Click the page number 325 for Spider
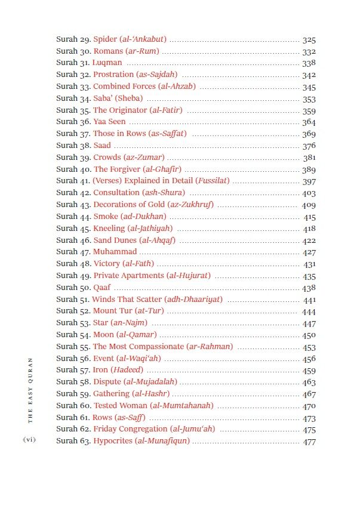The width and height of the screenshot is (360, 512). click(309, 40)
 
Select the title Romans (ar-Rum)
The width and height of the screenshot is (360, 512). click(126, 51)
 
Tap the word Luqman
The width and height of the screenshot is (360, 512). click(107, 63)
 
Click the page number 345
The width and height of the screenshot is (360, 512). click(309, 87)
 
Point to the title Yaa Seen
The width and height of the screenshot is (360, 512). click(109, 122)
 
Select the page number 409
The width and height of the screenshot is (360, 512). click(309, 205)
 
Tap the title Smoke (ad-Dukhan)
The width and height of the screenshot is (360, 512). click(130, 217)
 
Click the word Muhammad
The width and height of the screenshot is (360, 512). click(115, 252)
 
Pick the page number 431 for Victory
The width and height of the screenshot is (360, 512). click(309, 264)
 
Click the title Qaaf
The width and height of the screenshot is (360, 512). click(102, 288)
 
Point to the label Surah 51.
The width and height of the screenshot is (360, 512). click(73, 300)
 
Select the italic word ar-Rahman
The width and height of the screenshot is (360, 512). click(210, 347)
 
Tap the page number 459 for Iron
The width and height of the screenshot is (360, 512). click(309, 371)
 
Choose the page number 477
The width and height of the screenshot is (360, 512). click(309, 442)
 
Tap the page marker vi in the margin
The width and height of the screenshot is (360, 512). click(29, 440)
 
